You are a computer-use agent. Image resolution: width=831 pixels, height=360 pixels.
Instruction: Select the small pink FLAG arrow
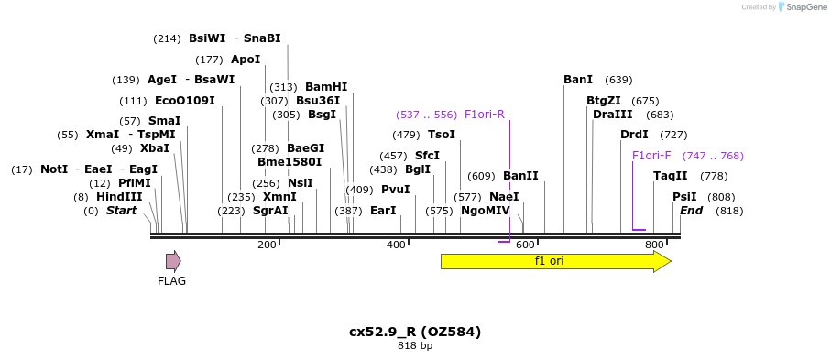point(173,261)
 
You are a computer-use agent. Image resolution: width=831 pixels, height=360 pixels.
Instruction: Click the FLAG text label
point(171,281)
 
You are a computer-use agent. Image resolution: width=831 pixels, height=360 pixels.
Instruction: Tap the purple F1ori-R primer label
point(484,115)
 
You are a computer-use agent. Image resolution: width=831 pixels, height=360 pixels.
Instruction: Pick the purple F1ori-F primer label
point(651,156)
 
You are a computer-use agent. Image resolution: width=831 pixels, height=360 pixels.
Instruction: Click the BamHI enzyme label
point(326,87)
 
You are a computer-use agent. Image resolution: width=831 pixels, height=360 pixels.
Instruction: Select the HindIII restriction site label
point(120,197)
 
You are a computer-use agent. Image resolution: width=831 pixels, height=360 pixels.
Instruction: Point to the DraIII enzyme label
point(612,115)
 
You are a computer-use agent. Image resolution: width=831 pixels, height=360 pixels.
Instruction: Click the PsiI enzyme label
point(684,197)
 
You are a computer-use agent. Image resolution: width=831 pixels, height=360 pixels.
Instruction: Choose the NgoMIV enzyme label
point(485,211)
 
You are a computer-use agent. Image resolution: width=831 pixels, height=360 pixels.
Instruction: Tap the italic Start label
point(121,211)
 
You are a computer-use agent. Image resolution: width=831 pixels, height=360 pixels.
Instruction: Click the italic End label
point(691,211)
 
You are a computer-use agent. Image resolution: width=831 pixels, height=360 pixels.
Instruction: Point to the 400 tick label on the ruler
point(396,245)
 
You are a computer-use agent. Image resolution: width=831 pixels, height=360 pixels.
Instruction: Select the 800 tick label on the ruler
point(654,245)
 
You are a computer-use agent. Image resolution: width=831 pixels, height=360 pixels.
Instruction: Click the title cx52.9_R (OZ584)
point(415,332)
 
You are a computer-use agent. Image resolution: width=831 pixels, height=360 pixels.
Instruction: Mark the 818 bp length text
point(415,346)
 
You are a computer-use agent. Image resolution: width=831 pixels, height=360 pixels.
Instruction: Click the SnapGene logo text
point(803,7)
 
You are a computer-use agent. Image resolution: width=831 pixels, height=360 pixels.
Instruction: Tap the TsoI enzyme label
point(442,135)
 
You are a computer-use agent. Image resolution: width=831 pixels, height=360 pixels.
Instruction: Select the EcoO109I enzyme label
point(185,101)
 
